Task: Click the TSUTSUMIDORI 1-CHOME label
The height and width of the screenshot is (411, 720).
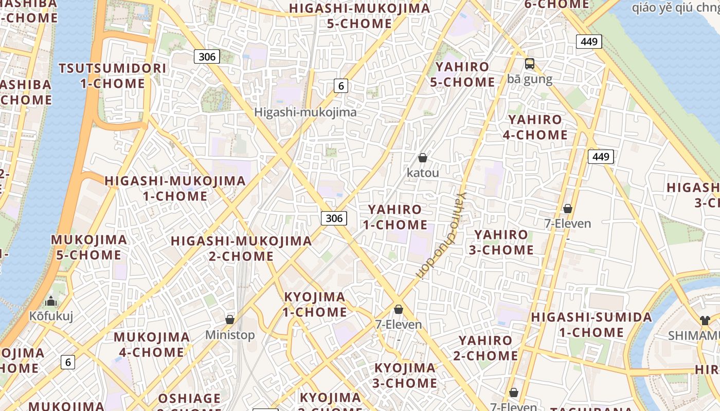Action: tap(113, 76)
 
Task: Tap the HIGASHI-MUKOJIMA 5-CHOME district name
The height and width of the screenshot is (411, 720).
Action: tap(359, 16)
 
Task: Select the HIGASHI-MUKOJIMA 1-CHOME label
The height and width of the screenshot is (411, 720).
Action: tap(175, 188)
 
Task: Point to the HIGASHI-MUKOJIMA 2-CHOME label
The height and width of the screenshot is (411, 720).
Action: tap(241, 248)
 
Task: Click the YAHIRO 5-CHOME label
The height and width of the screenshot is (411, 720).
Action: tap(462, 74)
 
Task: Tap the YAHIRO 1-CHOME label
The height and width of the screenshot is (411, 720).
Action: tap(395, 217)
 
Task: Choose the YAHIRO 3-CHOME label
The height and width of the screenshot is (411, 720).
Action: tap(503, 242)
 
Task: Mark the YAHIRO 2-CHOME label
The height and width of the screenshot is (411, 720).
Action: tap(485, 348)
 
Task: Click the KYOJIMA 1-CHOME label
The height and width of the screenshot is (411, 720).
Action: tap(315, 304)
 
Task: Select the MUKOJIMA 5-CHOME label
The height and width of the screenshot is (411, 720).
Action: tap(88, 247)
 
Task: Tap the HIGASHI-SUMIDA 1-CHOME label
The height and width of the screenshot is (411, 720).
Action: tap(591, 325)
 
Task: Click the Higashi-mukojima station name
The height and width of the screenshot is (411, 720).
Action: tap(305, 112)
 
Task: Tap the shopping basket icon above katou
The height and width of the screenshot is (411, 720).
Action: tap(423, 158)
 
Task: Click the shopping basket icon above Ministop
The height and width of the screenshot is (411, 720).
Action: tap(230, 320)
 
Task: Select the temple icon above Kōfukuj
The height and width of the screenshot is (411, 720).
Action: tap(51, 301)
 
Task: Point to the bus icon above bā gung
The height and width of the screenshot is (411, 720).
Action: tap(530, 64)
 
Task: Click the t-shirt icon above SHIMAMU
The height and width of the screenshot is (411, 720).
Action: tap(705, 321)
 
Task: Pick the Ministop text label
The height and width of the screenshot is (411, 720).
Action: tap(230, 335)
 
